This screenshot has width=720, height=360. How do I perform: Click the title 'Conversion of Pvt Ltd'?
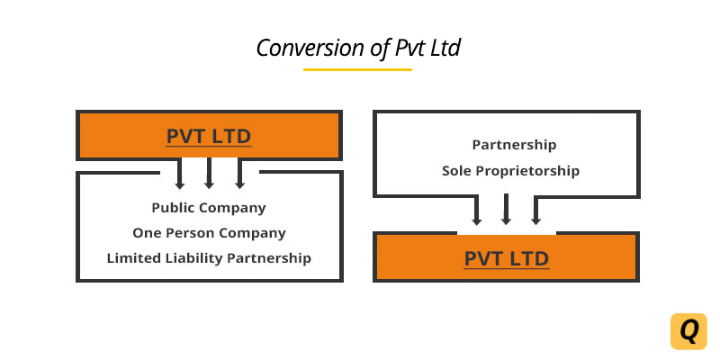pos(358,48)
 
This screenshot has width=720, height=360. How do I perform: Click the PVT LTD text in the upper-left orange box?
pos(209,137)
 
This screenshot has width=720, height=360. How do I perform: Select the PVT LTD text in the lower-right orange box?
pos(507,258)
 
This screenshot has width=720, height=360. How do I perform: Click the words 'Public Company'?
pos(209,208)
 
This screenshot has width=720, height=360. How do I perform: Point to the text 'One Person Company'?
pos(209,233)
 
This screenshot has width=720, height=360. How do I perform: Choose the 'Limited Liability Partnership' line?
pos(209,258)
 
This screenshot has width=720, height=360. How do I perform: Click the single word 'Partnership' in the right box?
pos(514,145)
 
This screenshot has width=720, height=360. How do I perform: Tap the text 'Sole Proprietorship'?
pos(510,171)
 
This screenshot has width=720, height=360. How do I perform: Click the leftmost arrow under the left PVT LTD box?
pos(180,174)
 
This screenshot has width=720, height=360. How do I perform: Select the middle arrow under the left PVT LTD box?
pos(209,174)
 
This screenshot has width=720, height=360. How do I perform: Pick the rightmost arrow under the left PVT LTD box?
pos(239,174)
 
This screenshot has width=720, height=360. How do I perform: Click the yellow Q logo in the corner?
pos(688,331)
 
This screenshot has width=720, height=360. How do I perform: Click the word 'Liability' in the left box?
pos(190,258)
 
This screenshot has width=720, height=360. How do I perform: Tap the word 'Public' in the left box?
pos(172,208)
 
